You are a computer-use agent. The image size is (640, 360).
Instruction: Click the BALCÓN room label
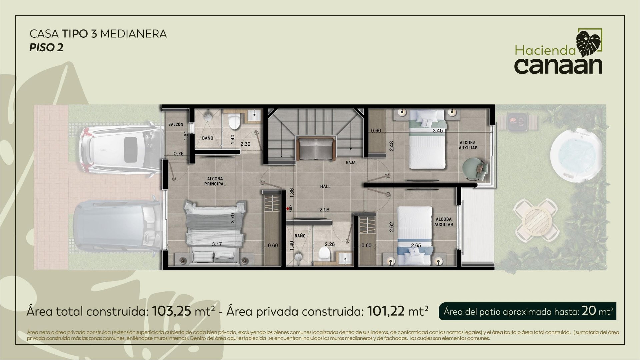(x=176, y=124)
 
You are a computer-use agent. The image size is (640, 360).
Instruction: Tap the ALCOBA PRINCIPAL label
(x=215, y=181)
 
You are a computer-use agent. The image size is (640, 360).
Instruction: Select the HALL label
(x=325, y=186)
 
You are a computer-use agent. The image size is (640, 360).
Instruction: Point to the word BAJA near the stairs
(x=351, y=163)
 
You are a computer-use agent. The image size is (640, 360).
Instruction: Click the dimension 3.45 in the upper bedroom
(x=438, y=131)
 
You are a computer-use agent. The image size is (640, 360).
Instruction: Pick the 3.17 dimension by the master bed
(x=217, y=244)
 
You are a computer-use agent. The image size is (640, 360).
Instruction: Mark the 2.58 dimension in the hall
(x=324, y=210)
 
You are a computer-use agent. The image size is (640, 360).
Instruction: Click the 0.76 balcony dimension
(x=179, y=154)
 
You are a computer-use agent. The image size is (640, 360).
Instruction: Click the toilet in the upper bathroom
(x=235, y=121)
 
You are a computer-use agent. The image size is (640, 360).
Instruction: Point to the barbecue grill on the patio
(x=517, y=121)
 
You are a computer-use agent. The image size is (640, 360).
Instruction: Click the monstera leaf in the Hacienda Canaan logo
(x=589, y=43)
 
